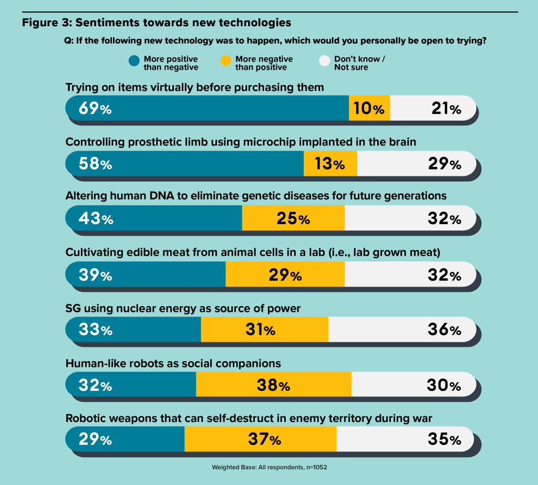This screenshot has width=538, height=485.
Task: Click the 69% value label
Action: (95, 108)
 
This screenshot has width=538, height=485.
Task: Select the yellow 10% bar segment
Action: (369, 108)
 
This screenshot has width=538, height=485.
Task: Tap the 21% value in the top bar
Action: (446, 108)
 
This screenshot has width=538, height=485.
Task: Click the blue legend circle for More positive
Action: (134, 61)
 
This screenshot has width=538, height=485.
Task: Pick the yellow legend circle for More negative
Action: (226, 61)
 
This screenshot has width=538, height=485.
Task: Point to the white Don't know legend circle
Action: (325, 61)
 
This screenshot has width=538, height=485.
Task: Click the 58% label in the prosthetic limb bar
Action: (96, 163)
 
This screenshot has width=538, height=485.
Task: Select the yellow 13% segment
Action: (330, 163)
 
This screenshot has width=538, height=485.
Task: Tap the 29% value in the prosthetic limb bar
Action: (444, 163)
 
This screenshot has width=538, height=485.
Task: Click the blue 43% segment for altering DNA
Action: (154, 218)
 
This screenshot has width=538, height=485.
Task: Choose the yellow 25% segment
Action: (293, 218)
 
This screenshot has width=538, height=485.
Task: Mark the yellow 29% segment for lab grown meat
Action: (285, 274)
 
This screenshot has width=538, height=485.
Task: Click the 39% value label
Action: (96, 275)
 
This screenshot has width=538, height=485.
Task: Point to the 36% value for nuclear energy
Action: (444, 330)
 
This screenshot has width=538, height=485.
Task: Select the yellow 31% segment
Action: (265, 330)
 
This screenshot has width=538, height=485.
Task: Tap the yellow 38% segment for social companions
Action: (273, 384)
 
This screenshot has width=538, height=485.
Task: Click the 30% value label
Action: (444, 385)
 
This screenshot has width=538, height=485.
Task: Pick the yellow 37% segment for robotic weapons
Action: (261, 439)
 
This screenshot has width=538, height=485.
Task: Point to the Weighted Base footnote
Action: (270, 467)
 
